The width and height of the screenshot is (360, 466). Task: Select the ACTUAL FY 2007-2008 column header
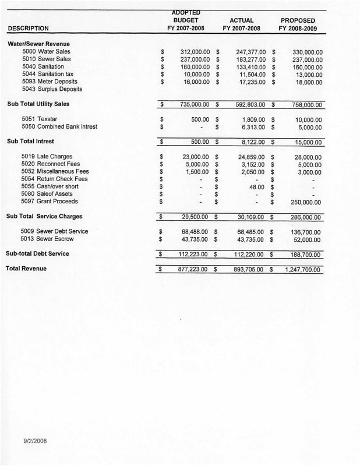[241, 24]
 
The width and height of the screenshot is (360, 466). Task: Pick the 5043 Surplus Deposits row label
[51, 89]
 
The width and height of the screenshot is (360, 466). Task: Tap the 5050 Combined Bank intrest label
[59, 126]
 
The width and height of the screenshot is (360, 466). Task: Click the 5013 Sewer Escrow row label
[48, 239]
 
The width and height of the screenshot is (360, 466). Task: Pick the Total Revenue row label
[27, 269]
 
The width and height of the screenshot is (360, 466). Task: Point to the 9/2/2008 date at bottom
[35, 441]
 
